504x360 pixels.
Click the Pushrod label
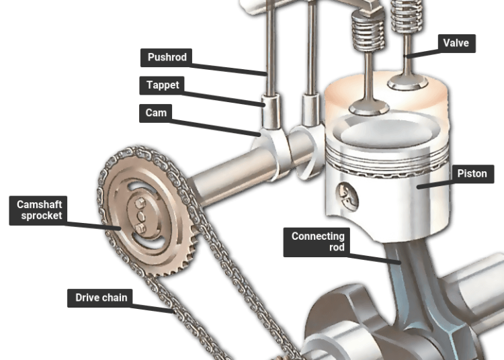166,58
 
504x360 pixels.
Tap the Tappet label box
162,85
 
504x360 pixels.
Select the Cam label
156,113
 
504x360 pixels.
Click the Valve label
456,44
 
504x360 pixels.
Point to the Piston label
472,174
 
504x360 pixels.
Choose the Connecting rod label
317,242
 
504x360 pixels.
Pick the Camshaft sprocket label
38,210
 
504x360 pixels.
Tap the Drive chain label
100,298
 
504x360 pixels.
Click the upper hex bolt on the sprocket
140,203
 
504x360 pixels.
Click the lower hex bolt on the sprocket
141,228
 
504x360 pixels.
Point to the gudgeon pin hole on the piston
347,196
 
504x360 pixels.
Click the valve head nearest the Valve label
408,82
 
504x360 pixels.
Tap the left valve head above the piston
369,107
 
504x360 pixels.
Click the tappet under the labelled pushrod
271,111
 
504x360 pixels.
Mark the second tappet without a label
310,109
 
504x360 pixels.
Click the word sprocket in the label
42,216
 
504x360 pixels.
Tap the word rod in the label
337,247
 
